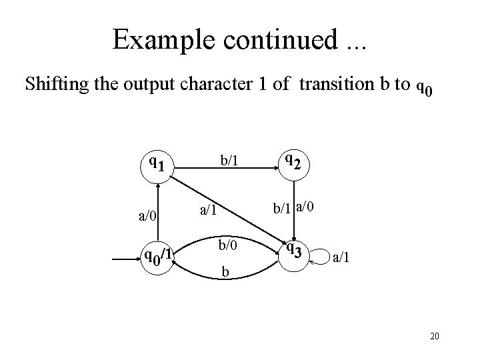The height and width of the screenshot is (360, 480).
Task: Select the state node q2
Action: coord(293,162)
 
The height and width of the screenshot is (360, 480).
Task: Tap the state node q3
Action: coord(293,253)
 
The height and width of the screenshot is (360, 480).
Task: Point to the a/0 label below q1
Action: coord(147,215)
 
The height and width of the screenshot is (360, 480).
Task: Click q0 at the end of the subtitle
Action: coord(424,87)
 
